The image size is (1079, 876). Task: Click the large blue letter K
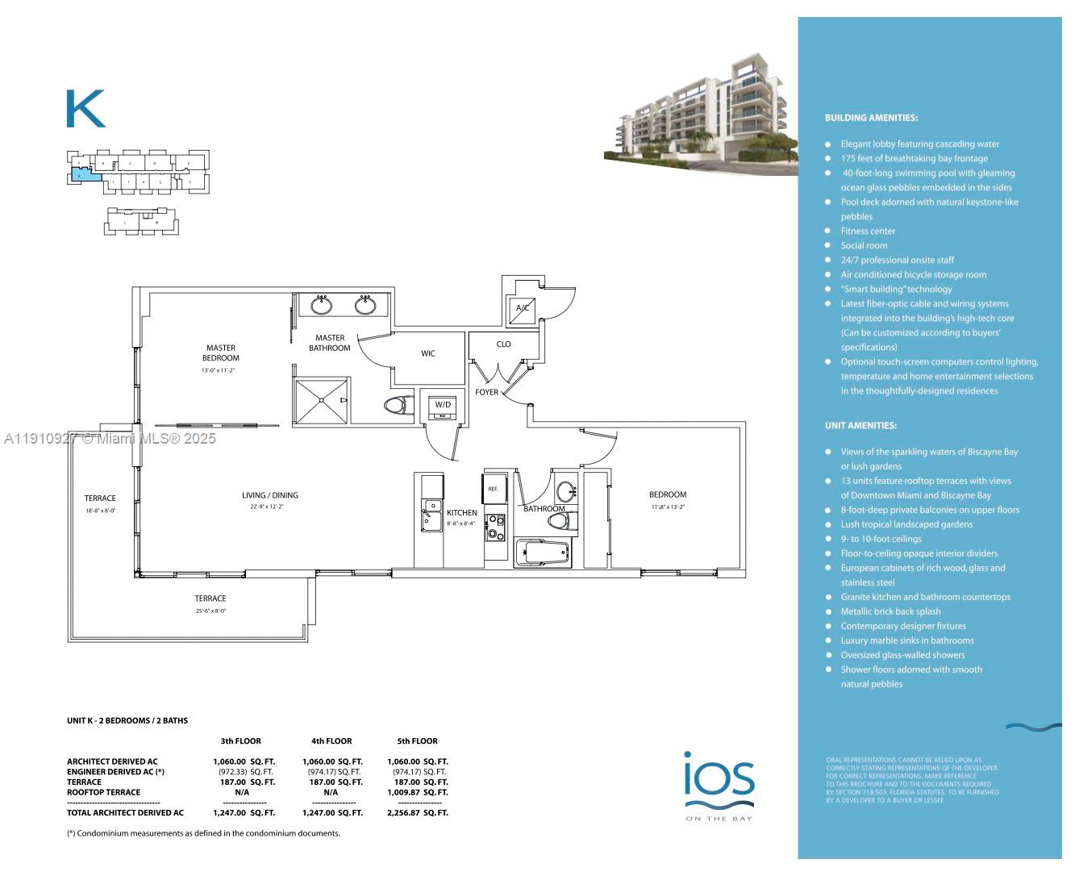click(x=85, y=109)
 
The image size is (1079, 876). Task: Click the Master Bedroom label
click(x=220, y=352)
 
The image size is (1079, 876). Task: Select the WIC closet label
click(x=427, y=353)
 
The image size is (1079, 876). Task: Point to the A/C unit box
click(x=523, y=308)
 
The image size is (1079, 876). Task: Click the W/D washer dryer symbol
click(x=443, y=406)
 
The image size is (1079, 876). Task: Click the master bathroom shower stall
click(x=321, y=400)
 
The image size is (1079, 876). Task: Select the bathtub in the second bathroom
click(x=544, y=553)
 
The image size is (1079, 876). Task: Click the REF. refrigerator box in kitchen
click(x=493, y=489)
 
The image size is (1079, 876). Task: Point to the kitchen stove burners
click(x=495, y=528)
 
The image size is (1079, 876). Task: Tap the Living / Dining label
click(x=269, y=495)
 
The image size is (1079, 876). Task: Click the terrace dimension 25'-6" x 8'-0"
click(x=210, y=611)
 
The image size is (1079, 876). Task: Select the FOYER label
click(x=486, y=392)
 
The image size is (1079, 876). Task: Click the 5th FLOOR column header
click(x=417, y=740)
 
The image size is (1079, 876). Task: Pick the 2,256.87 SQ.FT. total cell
click(x=417, y=813)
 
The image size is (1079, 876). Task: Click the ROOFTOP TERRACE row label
click(x=103, y=792)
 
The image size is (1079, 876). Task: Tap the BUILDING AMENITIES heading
click(x=871, y=118)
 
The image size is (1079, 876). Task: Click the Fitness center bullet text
click(x=868, y=232)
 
